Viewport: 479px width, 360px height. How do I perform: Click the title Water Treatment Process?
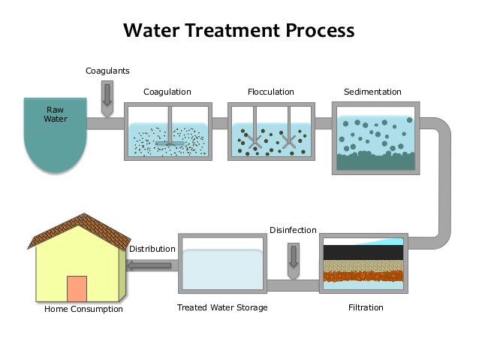[x=239, y=31]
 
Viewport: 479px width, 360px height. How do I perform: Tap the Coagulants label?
[x=107, y=71]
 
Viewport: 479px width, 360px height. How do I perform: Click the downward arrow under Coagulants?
[x=107, y=95]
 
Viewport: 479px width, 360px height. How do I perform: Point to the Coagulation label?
[x=167, y=92]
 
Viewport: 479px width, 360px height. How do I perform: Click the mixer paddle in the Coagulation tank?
[x=170, y=141]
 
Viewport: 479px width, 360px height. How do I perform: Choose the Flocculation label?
[x=271, y=92]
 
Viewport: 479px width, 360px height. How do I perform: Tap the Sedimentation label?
[x=372, y=92]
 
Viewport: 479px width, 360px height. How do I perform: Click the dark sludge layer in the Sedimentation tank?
[x=374, y=162]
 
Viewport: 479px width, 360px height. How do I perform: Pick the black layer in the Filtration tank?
[x=364, y=253]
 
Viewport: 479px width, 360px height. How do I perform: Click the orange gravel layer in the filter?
[x=364, y=277]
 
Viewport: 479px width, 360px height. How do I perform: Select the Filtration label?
[x=366, y=307]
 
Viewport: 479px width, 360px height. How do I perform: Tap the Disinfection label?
[x=293, y=230]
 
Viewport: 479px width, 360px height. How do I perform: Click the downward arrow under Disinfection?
[x=293, y=255]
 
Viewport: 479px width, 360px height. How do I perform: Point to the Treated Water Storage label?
[x=222, y=307]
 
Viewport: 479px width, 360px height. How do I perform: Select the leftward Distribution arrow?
[x=152, y=265]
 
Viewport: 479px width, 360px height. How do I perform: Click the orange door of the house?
[x=77, y=289]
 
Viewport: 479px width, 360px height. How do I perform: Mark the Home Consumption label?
[x=83, y=309]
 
